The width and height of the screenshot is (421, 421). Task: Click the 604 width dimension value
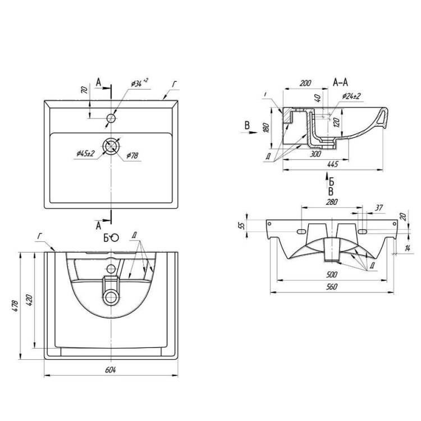click(x=111, y=370)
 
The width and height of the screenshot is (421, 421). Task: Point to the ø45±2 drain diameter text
click(x=86, y=154)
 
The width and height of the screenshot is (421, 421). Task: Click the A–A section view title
click(x=341, y=82)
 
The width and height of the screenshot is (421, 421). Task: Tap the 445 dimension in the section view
click(x=333, y=164)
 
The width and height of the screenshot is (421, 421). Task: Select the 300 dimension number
click(x=315, y=154)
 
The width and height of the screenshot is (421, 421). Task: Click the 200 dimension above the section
click(x=305, y=83)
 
